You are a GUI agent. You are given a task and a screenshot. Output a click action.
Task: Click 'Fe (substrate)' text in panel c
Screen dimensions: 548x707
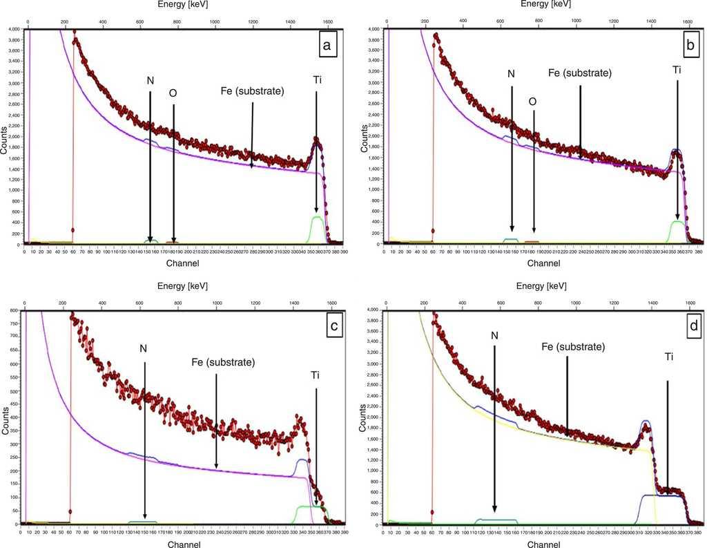222,362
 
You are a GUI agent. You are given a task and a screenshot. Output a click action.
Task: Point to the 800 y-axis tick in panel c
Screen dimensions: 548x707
12,312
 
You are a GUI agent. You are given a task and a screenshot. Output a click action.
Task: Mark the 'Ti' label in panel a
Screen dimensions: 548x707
316,79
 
